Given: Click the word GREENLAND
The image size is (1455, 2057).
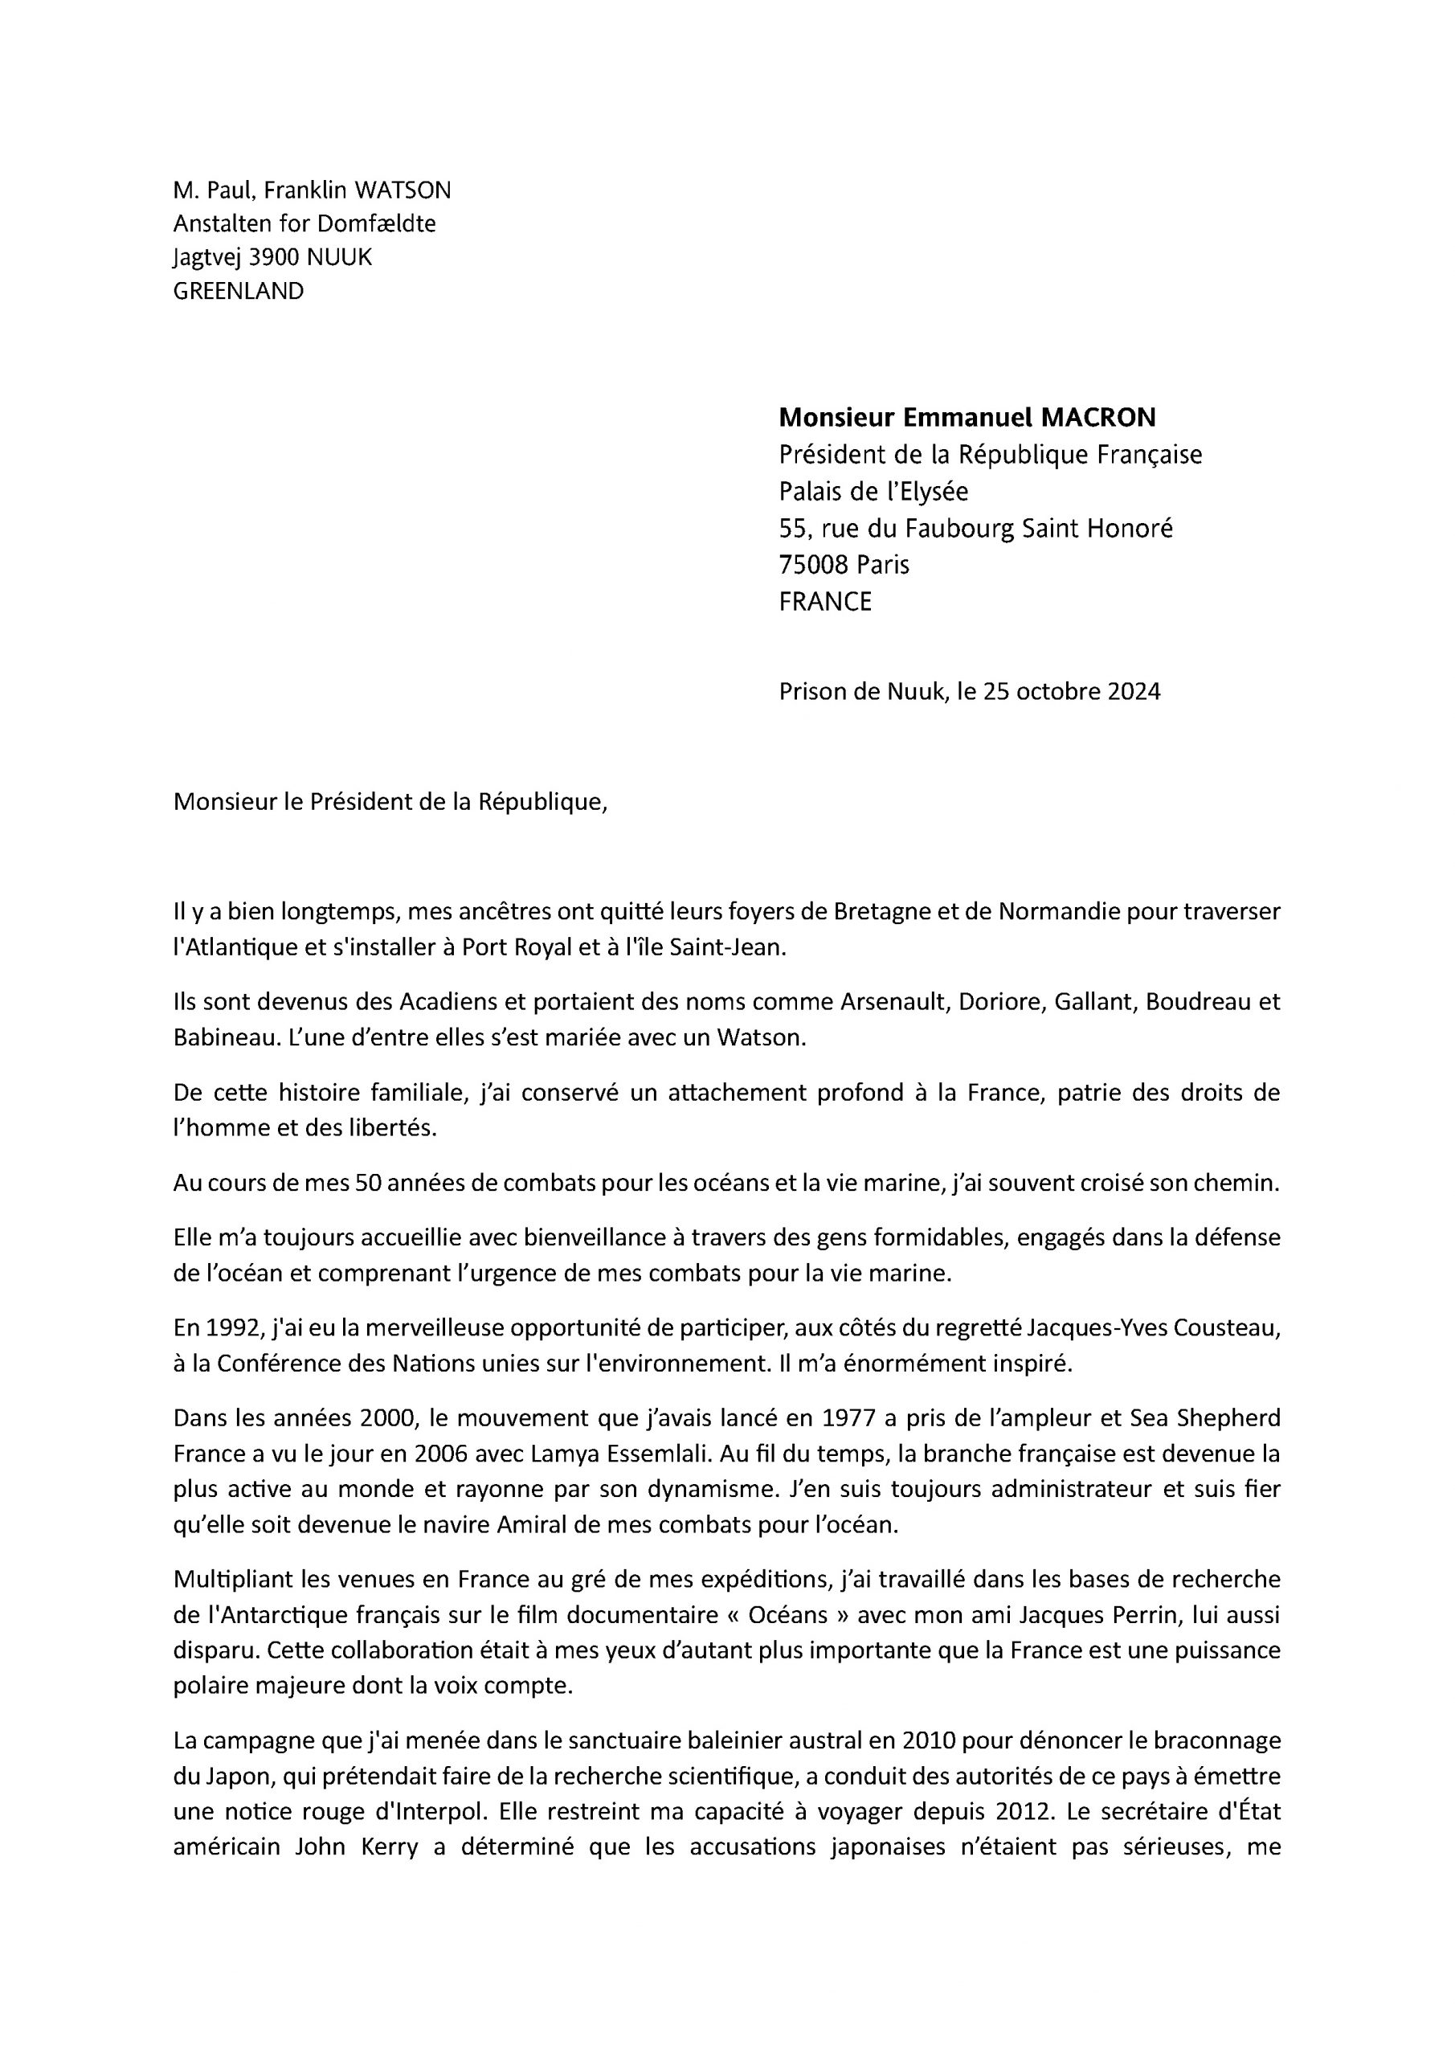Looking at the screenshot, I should point(239,291).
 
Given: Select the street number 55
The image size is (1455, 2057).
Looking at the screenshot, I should point(793,529).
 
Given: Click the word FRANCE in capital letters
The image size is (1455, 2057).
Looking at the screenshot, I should point(824,601).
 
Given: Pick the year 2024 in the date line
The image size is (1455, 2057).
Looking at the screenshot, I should point(1134,692).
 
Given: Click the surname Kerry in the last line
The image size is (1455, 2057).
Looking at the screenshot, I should point(388,1847).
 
